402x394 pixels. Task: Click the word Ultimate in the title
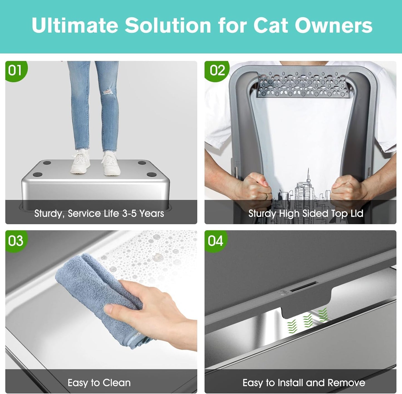click(75, 26)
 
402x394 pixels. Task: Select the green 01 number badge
click(15, 71)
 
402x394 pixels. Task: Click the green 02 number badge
click(217, 71)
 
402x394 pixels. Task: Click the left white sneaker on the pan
click(80, 162)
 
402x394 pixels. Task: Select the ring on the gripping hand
click(266, 197)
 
